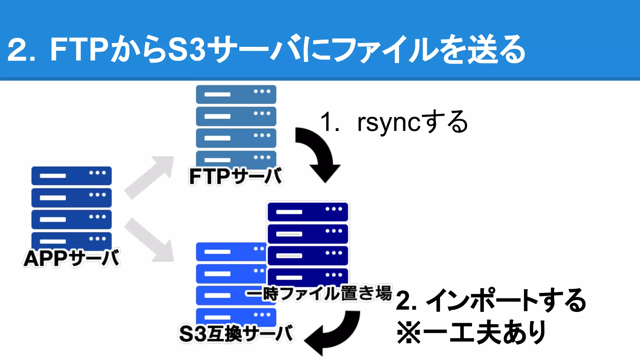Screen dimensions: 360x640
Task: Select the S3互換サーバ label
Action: pyautogui.click(x=236, y=333)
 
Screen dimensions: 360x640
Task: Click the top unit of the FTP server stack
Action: pyautogui.click(x=236, y=94)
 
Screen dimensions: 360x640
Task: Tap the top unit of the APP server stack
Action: pyautogui.click(x=71, y=176)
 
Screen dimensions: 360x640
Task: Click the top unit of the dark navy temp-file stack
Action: pyautogui.click(x=308, y=212)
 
